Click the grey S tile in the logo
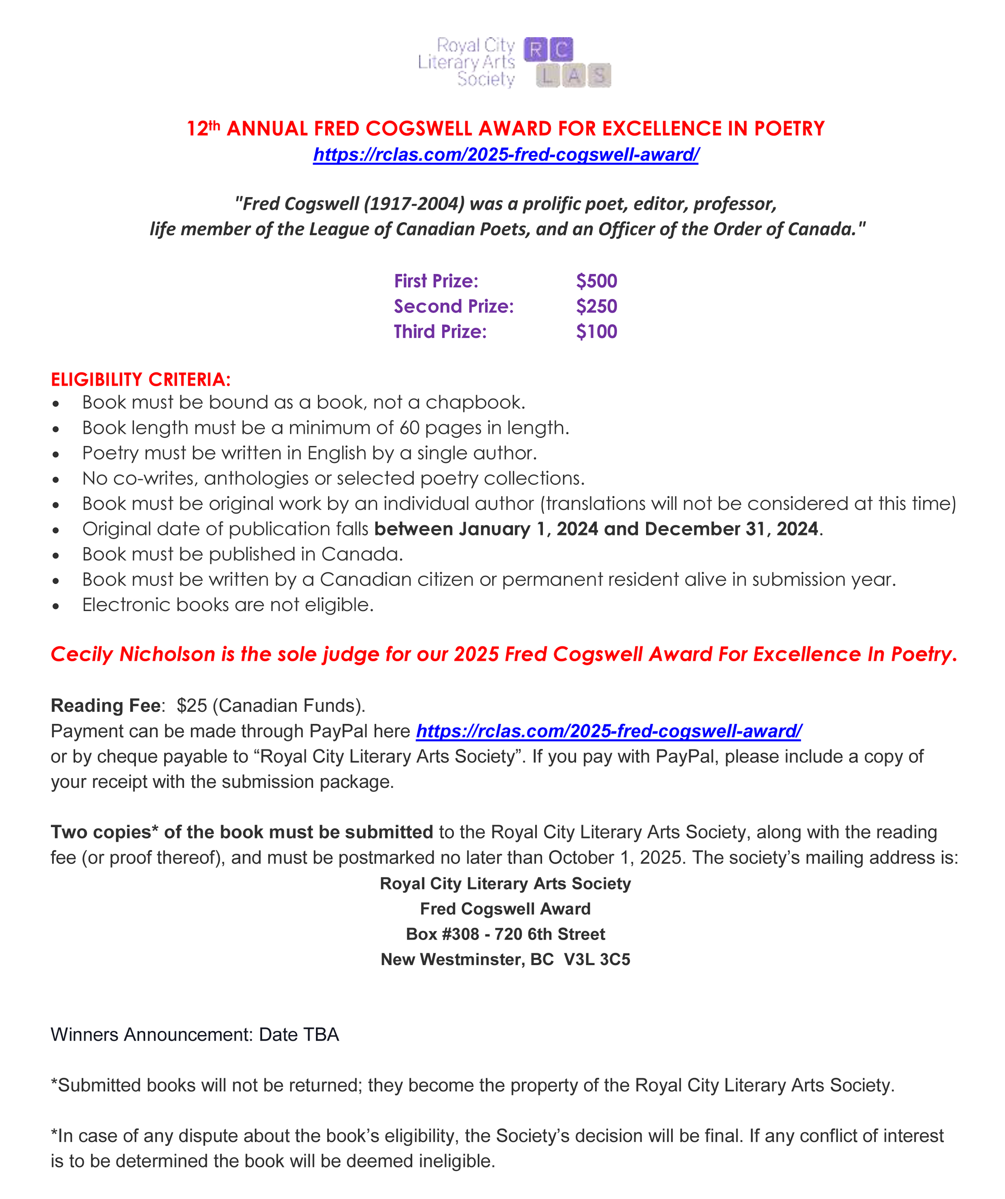click(x=599, y=75)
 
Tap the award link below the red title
click(x=506, y=155)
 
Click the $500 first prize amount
click(x=596, y=281)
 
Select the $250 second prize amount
click(x=596, y=307)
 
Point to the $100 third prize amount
click(x=596, y=332)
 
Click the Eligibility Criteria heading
click(x=140, y=380)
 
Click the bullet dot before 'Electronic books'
click(x=56, y=606)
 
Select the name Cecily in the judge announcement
click(x=81, y=654)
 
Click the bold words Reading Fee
click(x=105, y=706)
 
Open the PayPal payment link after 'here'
click(x=608, y=731)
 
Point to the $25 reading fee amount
click(x=192, y=706)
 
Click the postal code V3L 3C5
click(x=597, y=960)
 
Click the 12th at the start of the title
click(x=203, y=128)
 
